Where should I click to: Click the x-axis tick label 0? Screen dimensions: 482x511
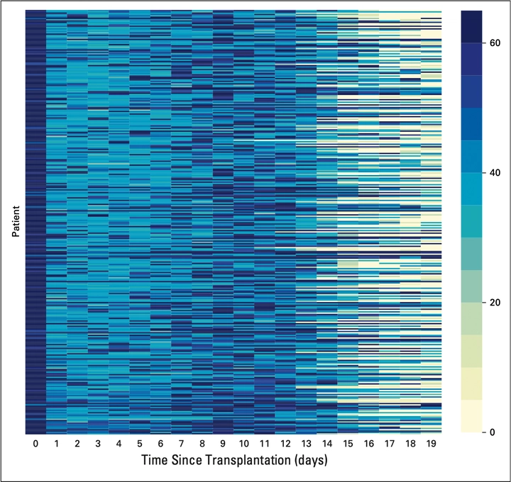[x=35, y=444]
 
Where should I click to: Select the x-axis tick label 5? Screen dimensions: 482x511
[x=139, y=444]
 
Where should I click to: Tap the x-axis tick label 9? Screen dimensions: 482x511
[x=222, y=444]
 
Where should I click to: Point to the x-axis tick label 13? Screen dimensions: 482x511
[x=306, y=444]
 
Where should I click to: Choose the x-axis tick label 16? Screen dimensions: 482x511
[x=368, y=444]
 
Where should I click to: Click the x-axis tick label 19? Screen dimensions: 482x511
[x=431, y=444]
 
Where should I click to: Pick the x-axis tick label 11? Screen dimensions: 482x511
[x=264, y=444]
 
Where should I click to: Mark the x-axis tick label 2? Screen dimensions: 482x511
[x=77, y=444]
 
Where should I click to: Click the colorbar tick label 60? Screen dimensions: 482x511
[x=495, y=43]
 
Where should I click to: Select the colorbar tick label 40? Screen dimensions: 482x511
[x=495, y=173]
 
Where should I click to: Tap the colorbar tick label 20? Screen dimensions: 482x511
[x=495, y=303]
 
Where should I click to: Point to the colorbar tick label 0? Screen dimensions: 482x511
[x=493, y=432]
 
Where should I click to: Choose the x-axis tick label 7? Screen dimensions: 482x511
[x=181, y=444]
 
